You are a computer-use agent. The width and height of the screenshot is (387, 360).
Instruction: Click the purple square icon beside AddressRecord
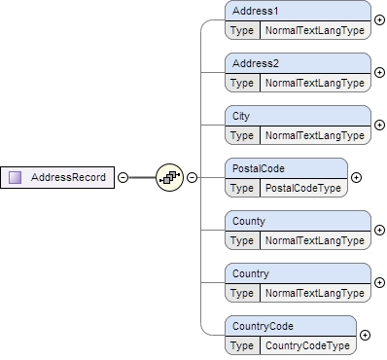pos(16,177)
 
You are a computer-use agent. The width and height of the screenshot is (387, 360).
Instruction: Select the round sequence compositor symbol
pos(169,177)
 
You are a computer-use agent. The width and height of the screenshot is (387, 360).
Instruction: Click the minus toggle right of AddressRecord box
pos(123,177)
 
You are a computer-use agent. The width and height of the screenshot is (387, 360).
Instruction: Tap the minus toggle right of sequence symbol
pos(192,177)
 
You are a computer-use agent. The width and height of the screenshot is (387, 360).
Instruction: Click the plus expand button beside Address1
pos(379,19)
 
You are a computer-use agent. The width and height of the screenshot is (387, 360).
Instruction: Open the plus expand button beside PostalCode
pos(356,177)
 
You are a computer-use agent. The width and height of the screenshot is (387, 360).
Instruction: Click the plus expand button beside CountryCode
pos(365,335)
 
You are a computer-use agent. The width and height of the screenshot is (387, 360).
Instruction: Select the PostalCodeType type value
pos(302,187)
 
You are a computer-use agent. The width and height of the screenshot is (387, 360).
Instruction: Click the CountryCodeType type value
pos(307,344)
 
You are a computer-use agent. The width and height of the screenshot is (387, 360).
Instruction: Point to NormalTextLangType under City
pos(314,134)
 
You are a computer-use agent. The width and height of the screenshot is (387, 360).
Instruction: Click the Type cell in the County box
pos(242,239)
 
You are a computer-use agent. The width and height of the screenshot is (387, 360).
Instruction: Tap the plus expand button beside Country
pos(379,282)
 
